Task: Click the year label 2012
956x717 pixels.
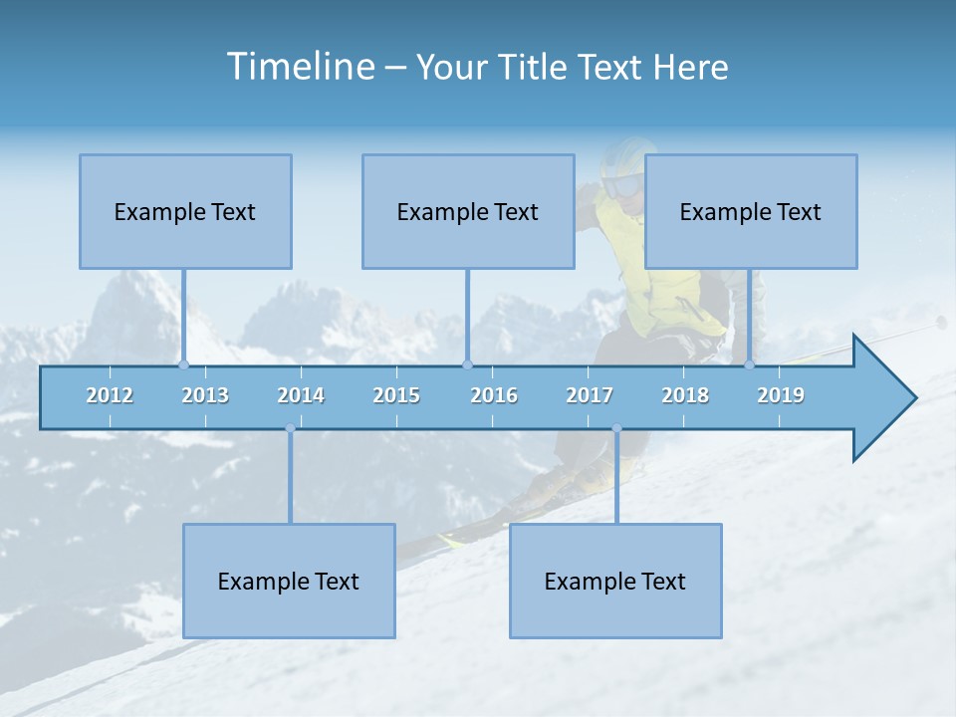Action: click(x=110, y=395)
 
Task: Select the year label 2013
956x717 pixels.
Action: click(x=205, y=395)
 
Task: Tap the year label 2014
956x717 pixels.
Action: click(x=301, y=395)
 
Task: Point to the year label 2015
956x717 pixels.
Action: click(x=396, y=395)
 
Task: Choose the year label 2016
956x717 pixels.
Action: click(x=494, y=395)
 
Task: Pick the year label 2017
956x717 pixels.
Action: click(x=590, y=395)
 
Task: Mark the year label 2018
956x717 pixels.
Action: click(x=685, y=395)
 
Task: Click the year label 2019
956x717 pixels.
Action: click(x=781, y=395)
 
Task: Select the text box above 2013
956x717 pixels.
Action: click(x=185, y=211)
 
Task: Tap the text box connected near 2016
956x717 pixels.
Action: click(x=468, y=211)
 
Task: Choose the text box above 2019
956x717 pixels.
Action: click(x=751, y=211)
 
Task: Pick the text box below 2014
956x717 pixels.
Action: click(x=289, y=581)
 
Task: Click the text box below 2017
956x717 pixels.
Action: click(x=615, y=581)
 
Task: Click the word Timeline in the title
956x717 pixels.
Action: click(x=299, y=67)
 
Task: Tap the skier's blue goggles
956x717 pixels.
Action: click(x=623, y=184)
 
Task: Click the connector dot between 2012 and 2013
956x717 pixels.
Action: click(x=183, y=364)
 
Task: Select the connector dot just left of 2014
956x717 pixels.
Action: click(x=290, y=428)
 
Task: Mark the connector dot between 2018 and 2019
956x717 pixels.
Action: click(x=749, y=364)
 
